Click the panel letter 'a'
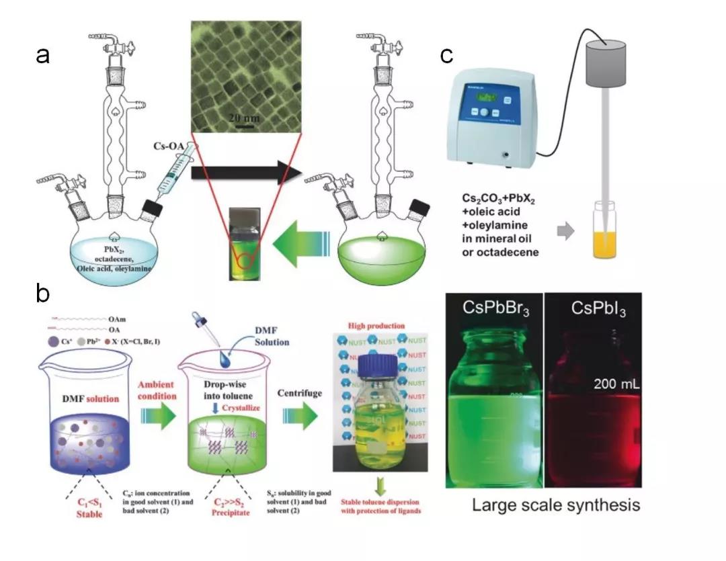click(43, 56)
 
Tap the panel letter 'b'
click(43, 294)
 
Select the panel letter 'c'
click(446, 56)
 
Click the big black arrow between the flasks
click(245, 173)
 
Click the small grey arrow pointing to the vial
click(567, 232)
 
